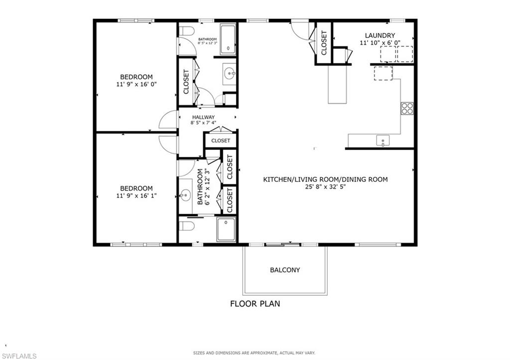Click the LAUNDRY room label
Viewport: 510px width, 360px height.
(x=380, y=35)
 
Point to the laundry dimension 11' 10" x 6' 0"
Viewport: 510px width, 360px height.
(x=380, y=43)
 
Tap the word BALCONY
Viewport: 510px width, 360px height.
(x=285, y=270)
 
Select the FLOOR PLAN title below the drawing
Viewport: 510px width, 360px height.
(x=255, y=303)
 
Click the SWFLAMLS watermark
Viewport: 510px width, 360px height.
(x=19, y=356)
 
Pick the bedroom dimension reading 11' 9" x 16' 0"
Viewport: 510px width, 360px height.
(x=136, y=84)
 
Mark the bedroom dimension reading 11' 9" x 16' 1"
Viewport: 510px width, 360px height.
(x=136, y=196)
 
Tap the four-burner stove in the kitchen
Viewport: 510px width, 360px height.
(x=407, y=108)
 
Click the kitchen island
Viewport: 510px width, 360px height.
(x=337, y=84)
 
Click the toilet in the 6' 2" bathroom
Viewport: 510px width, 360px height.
(x=186, y=227)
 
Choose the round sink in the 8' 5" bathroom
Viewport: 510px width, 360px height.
(x=230, y=74)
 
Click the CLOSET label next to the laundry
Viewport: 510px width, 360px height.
(x=324, y=43)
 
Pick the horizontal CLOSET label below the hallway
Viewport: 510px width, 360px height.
(x=220, y=141)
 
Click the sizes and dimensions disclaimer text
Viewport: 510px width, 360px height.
(x=255, y=353)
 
